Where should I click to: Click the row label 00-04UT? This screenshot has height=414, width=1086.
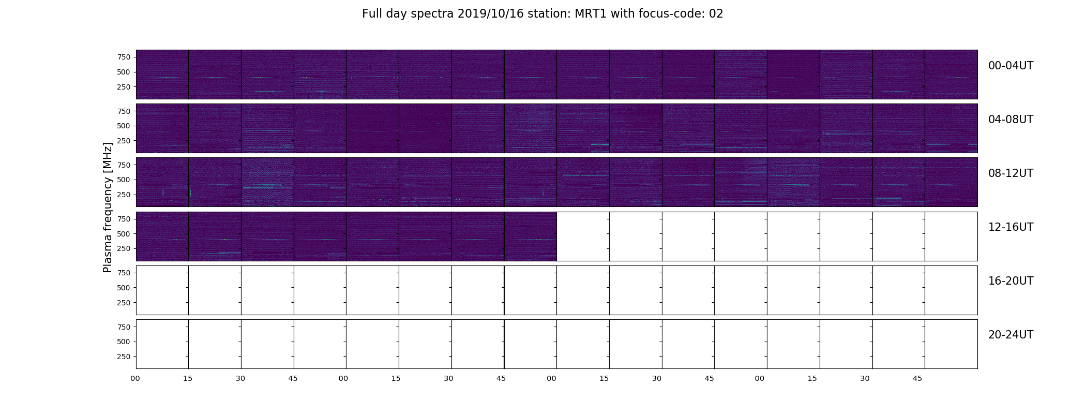[x=1010, y=66]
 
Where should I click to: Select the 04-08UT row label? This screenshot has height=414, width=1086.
[x=1010, y=120]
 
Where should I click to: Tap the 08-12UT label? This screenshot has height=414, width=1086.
[x=1010, y=173]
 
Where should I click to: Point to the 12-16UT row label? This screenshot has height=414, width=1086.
[x=1010, y=227]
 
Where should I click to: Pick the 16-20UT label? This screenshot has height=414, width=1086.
[x=1010, y=281]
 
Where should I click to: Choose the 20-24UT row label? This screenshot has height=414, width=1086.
[x=1010, y=335]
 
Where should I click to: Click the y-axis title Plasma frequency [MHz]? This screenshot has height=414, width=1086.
[x=108, y=208]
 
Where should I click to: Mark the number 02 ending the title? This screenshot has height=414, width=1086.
[x=716, y=14]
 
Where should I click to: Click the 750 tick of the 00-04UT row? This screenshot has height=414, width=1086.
[x=124, y=57]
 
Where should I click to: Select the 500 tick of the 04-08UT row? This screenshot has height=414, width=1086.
[x=124, y=126]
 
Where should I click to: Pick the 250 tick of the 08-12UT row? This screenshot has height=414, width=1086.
[x=124, y=195]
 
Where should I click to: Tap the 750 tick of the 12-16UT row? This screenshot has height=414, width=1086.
[x=124, y=219]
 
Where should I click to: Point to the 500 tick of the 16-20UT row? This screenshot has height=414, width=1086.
[x=124, y=288]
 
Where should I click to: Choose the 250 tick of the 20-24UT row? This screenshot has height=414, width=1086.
[x=124, y=357]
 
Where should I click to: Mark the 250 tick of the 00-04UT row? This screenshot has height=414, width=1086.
[x=124, y=87]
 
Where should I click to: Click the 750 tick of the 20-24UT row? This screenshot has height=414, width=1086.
[x=124, y=327]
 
